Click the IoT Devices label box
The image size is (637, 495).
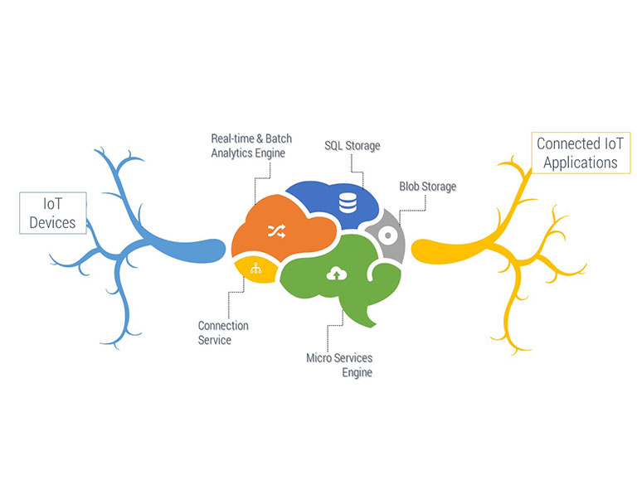[52, 212]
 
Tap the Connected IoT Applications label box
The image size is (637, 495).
[580, 153]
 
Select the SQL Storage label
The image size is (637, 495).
[352, 146]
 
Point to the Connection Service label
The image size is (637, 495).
[222, 332]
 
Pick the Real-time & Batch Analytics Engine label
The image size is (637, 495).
[251, 145]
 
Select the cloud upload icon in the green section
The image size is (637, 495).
[336, 274]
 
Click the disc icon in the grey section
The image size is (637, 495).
[385, 235]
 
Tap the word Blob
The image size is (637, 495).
[411, 187]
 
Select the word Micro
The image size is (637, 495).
[320, 358]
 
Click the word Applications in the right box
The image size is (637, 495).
[580, 162]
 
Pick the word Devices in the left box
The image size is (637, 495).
[52, 222]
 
